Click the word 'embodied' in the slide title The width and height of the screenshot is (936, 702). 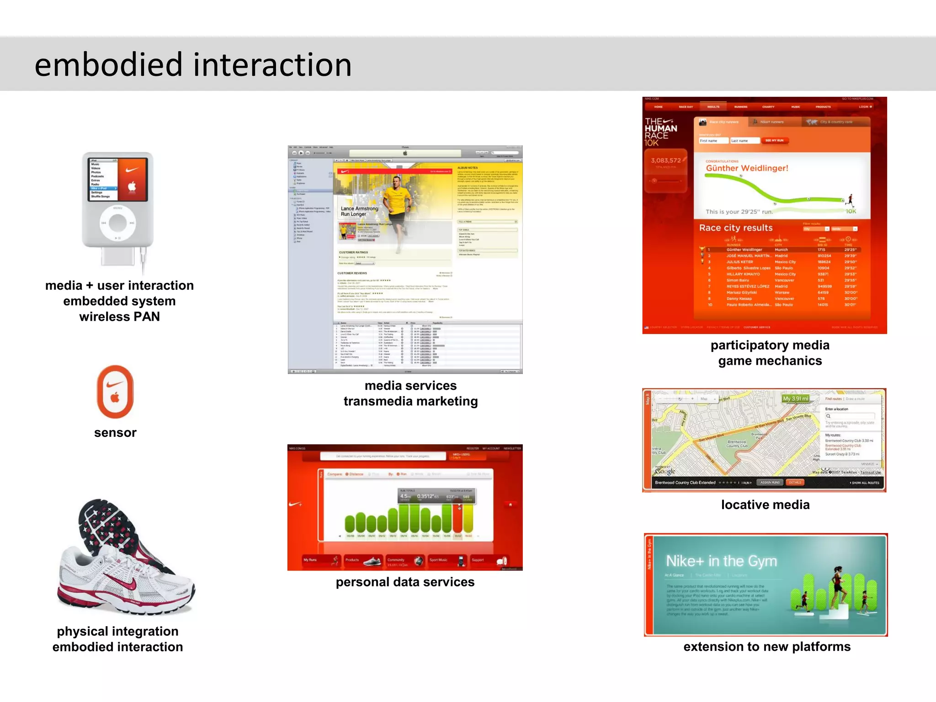click(109, 65)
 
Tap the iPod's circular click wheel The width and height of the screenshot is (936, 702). click(117, 223)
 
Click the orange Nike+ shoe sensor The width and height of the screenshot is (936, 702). click(115, 392)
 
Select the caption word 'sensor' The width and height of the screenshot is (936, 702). click(115, 432)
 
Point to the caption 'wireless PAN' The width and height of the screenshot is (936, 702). click(119, 317)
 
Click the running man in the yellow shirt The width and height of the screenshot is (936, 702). click(394, 210)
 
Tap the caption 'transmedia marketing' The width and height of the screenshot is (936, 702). click(410, 401)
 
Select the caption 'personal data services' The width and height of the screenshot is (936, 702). click(405, 582)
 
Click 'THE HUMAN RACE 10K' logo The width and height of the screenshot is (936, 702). click(660, 132)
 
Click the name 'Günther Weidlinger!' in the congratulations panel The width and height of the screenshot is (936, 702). click(747, 168)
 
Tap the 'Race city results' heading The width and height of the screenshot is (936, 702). click(735, 228)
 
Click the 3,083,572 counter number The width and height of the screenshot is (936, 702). click(665, 160)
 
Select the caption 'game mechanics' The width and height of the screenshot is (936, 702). click(770, 361)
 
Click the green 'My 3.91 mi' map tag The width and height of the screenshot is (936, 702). click(795, 399)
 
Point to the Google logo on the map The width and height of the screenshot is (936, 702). click(665, 471)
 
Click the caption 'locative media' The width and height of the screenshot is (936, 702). click(765, 505)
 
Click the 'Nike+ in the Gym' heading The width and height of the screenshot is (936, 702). click(721, 561)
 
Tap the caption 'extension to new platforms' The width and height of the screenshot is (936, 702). click(767, 647)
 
